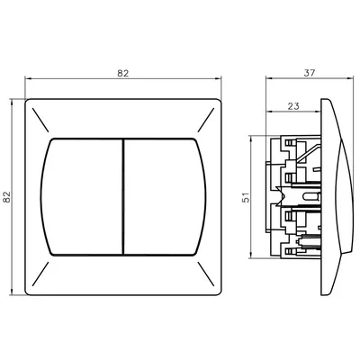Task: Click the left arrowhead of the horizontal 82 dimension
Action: [x=27, y=78]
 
